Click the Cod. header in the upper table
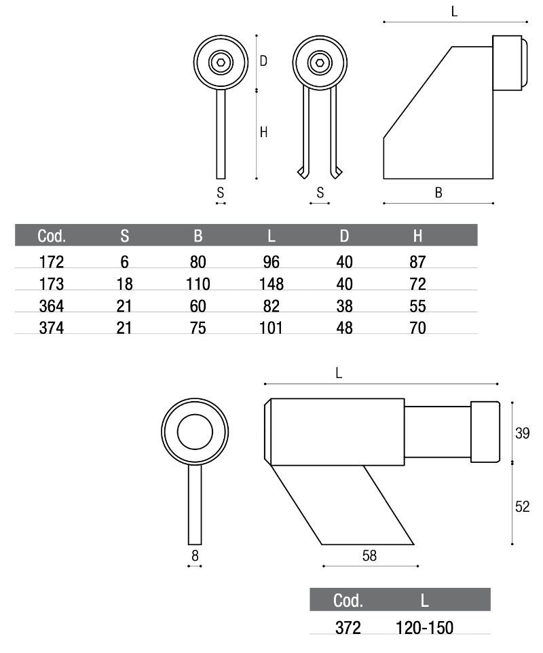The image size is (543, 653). point(52,236)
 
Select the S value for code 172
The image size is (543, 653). point(124,261)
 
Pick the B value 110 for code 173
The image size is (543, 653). point(198,284)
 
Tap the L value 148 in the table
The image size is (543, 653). point(271,284)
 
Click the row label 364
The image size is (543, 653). point(52,306)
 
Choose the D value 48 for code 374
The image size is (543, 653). point(345,329)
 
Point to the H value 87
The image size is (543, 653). point(417,261)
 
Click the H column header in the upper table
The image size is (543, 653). point(417,236)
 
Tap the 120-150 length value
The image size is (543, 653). point(424,627)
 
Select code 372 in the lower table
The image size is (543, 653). point(348,627)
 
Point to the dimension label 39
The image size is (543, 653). point(522,433)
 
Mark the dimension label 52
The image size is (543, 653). point(522,506)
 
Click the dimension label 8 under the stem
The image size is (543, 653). point(195,555)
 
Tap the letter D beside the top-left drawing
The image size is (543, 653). point(263,61)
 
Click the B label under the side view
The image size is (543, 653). point(438,193)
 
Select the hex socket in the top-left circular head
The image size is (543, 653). point(220,62)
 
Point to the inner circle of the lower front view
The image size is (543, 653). point(195,432)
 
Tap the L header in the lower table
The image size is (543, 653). point(424,601)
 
